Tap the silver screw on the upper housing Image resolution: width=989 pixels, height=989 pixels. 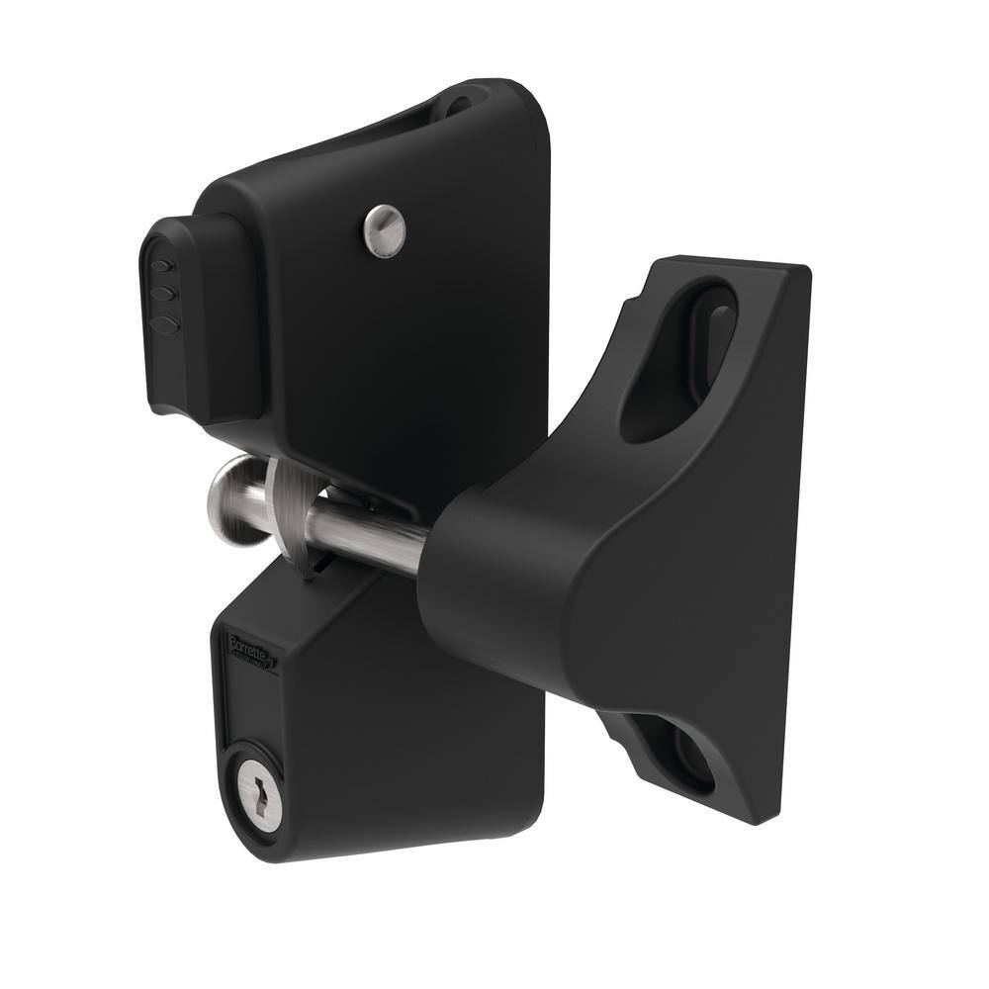click(383, 231)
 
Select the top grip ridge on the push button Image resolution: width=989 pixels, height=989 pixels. click(163, 266)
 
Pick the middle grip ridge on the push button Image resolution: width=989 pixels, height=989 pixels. click(166, 293)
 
